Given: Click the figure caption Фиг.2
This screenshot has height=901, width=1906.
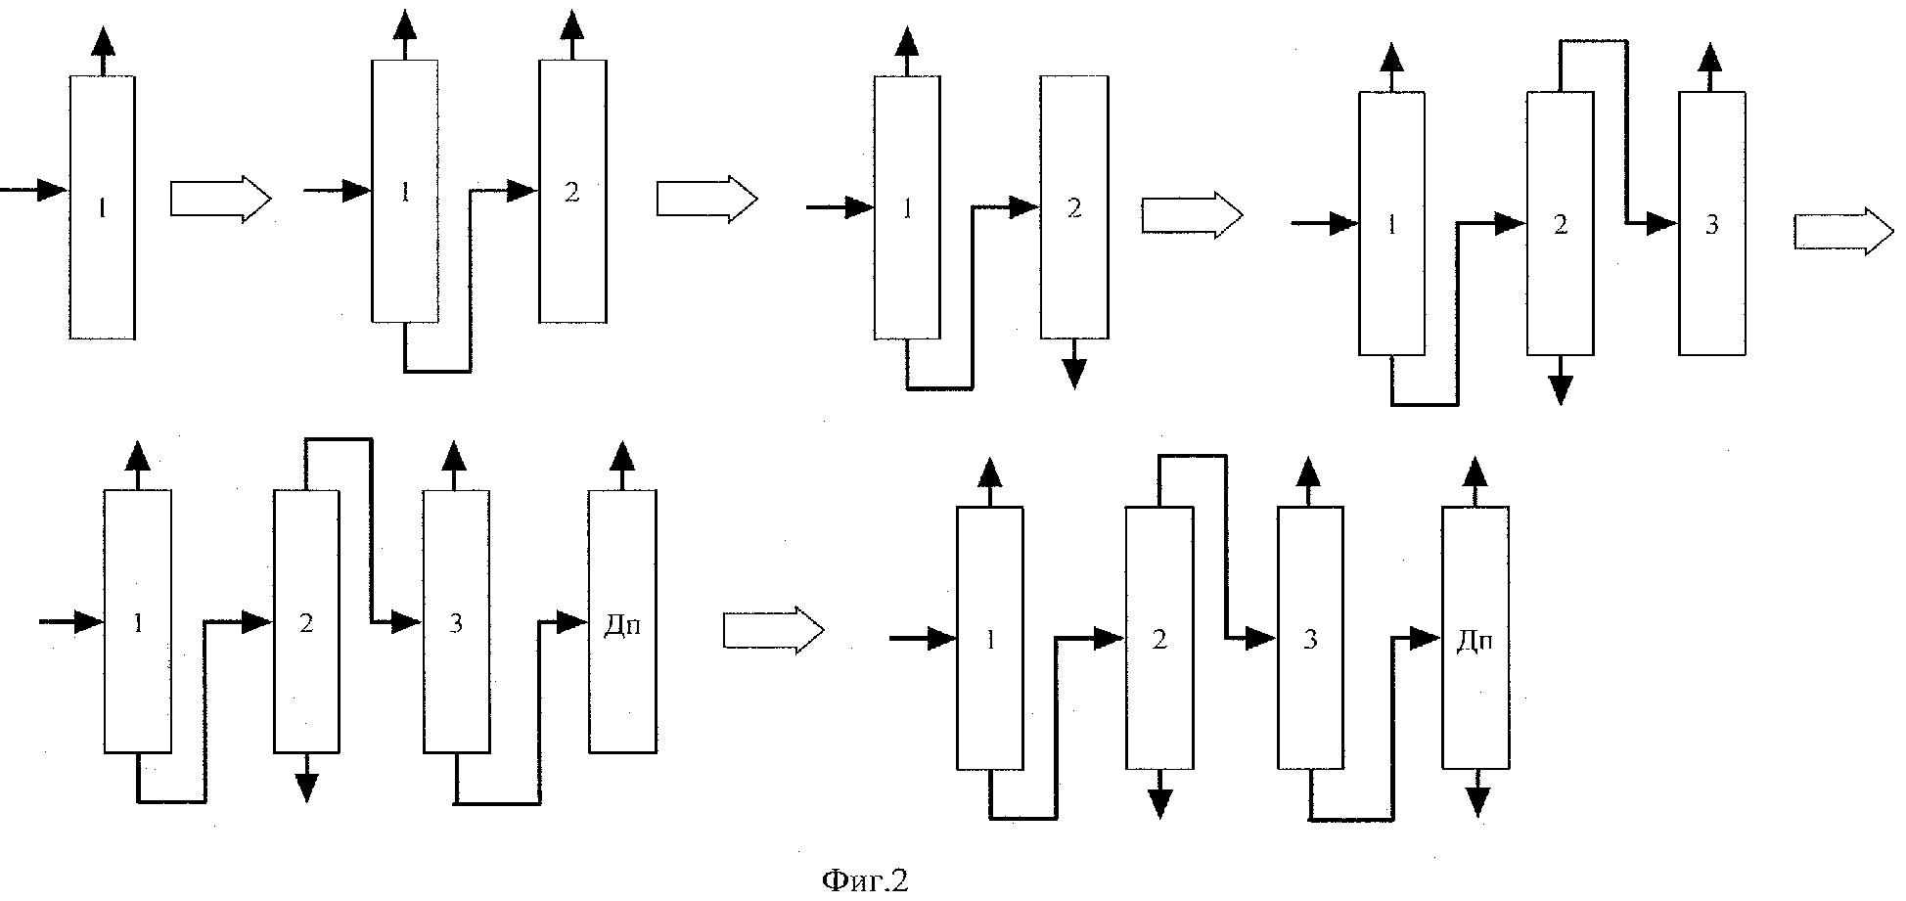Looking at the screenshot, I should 865,879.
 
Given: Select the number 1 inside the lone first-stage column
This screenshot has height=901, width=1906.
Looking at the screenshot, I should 102,207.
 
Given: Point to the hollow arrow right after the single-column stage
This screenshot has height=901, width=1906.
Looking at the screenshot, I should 220,198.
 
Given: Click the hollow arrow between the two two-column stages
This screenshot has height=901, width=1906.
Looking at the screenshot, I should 706,199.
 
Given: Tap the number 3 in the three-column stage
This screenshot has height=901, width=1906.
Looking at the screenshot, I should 1711,225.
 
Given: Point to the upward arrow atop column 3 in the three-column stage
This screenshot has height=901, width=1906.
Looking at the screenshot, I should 1710,66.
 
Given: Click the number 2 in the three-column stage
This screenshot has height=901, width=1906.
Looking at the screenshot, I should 1561,225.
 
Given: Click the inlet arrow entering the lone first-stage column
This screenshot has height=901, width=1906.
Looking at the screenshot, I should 34,189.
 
